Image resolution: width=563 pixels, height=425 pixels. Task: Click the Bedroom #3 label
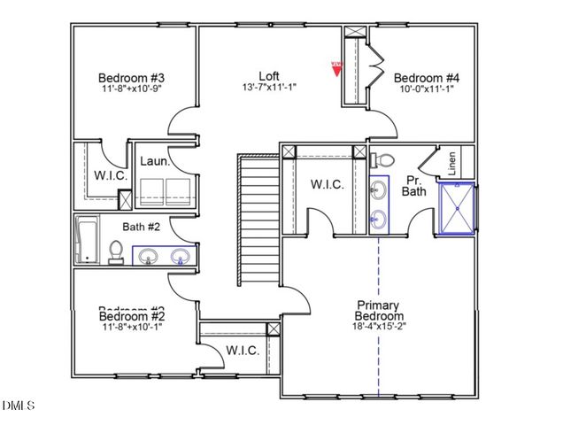(x=132, y=77)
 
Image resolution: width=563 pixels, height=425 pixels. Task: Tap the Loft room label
(x=269, y=75)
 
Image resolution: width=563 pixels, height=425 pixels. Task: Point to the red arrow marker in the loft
(x=335, y=68)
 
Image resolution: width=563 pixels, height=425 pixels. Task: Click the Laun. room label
(x=155, y=162)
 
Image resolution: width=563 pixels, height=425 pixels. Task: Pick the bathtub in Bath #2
(x=87, y=239)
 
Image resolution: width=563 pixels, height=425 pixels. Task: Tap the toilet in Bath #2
(x=115, y=252)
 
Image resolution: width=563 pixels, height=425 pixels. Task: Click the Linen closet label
(x=452, y=164)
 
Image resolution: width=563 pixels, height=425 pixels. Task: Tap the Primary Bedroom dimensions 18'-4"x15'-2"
(x=379, y=326)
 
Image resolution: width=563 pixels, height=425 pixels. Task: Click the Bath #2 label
(x=116, y=226)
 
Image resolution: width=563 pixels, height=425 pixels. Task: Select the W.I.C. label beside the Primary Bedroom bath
(x=327, y=184)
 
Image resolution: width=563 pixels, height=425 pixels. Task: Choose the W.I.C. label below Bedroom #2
(x=243, y=351)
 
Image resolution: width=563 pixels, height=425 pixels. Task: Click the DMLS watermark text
(x=19, y=406)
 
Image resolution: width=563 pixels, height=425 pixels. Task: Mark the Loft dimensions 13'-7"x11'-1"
(x=269, y=87)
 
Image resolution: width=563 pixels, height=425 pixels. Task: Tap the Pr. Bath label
(x=414, y=183)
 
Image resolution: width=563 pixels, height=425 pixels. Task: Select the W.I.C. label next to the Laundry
(x=111, y=175)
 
